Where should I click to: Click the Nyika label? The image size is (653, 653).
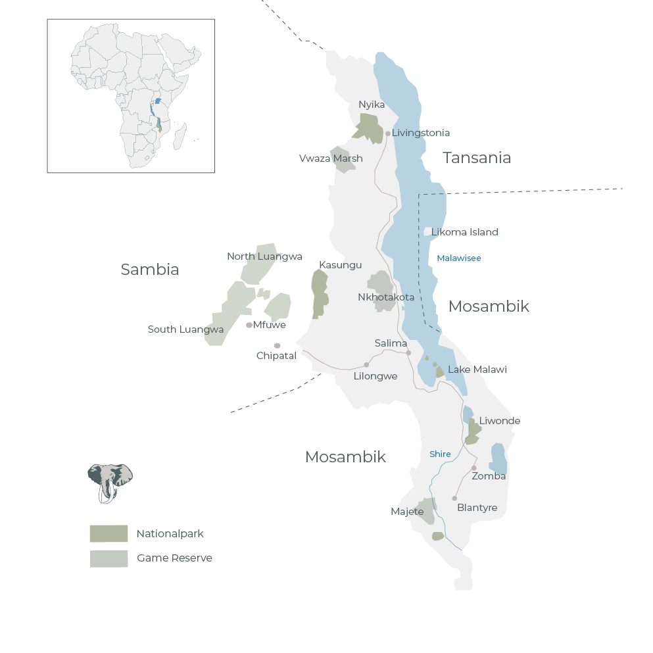tap(372, 105)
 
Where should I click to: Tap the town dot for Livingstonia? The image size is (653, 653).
tap(388, 133)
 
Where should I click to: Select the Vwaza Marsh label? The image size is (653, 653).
tap(331, 158)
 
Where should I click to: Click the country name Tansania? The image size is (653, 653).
tap(477, 158)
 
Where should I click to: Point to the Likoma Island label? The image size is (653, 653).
tap(465, 232)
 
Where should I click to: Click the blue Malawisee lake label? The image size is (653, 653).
tap(459, 258)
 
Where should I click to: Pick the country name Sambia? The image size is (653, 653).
tap(150, 270)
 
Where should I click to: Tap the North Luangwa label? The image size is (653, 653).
tap(264, 256)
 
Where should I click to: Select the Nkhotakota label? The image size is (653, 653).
tap(386, 297)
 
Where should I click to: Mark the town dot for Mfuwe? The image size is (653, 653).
tap(249, 325)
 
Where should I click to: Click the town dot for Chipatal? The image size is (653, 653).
tap(277, 346)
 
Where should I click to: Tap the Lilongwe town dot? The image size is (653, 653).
tap(366, 364)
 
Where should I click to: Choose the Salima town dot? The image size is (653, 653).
tap(408, 353)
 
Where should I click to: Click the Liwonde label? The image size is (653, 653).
tap(500, 421)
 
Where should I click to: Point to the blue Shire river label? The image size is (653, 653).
tap(440, 454)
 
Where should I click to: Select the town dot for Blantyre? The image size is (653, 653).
tap(454, 498)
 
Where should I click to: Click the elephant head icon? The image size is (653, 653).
tap(110, 481)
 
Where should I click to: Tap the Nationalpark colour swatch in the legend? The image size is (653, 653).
tap(109, 533)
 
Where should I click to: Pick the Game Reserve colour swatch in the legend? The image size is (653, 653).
tap(109, 558)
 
